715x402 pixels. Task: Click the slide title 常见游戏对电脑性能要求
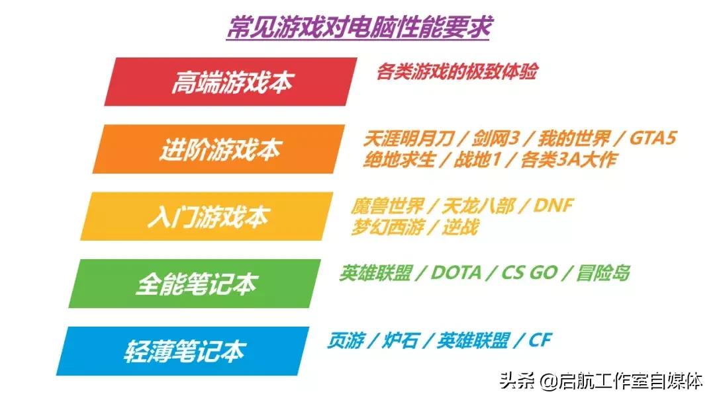[358, 27]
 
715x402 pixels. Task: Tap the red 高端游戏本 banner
[231, 82]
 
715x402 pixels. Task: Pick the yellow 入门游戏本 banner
[207, 217]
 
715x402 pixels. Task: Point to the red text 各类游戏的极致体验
[456, 71]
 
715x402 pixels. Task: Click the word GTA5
[653, 139]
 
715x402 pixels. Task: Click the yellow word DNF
[552, 206]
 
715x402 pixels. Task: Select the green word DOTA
[455, 272]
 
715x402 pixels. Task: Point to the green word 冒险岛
[602, 272]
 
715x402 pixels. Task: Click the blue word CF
[540, 341]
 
